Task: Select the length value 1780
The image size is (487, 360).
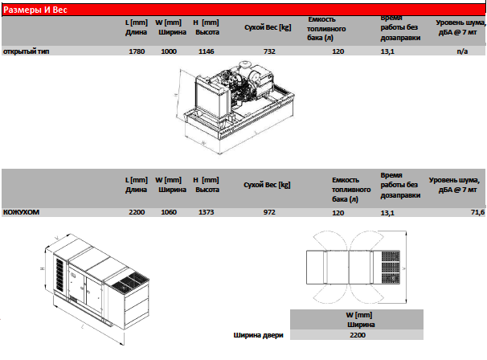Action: [137, 51]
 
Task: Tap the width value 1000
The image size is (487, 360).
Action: [169, 51]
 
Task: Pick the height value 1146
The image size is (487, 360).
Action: [207, 51]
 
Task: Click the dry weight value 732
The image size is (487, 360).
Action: [269, 51]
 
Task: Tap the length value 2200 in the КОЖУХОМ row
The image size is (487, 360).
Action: [137, 212]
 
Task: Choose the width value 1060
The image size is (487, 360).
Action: [169, 212]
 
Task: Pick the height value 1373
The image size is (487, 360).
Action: [207, 212]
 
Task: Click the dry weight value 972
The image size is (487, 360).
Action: [269, 212]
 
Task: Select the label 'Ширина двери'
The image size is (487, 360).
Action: [258, 335]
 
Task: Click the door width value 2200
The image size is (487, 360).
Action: [358, 335]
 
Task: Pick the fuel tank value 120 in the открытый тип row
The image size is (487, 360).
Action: [338, 51]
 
